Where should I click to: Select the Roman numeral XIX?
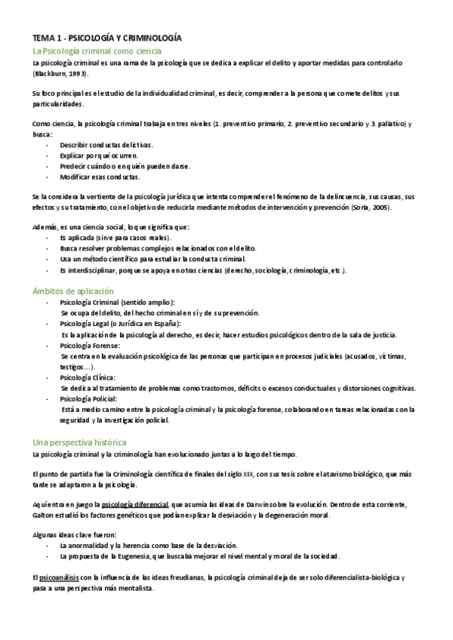pos(248,475)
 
